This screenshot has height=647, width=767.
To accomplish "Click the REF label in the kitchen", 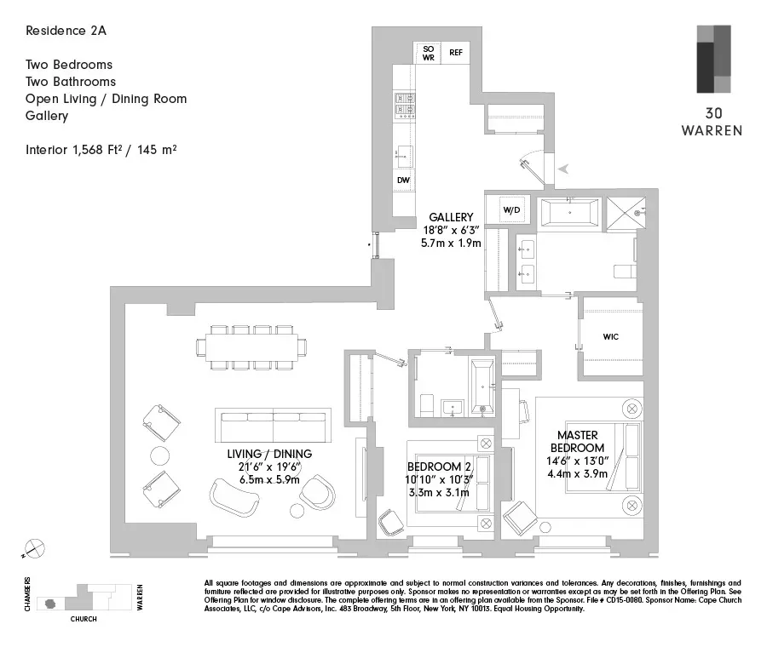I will coord(456,53).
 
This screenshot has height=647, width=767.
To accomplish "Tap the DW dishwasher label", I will coord(402,180).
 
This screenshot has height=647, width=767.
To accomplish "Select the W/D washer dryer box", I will coord(511,209).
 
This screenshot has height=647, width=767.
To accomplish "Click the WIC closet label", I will coord(610,337).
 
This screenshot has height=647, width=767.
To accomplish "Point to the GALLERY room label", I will coord(451,218).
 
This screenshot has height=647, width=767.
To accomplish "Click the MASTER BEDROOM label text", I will coord(577,441).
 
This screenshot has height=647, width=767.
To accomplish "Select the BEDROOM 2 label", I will coord(439,467).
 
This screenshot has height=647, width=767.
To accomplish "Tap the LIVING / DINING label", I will coord(269,454).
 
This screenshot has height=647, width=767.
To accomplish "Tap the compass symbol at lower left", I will coord(35,549).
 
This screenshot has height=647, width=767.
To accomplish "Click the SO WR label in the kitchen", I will coord(428,53).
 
